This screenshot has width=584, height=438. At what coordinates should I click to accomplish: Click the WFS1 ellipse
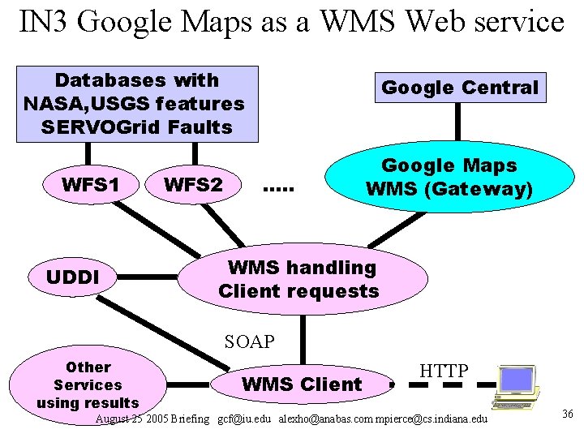click(90, 185)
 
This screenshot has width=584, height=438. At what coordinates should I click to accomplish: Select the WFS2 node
click(193, 185)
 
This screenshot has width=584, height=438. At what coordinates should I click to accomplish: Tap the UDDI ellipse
click(72, 277)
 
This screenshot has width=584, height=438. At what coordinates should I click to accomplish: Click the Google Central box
click(459, 88)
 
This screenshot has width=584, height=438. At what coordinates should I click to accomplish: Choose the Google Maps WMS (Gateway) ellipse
click(449, 178)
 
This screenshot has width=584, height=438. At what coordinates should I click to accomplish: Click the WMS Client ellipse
click(302, 384)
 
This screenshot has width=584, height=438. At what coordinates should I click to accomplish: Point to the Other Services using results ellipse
click(88, 385)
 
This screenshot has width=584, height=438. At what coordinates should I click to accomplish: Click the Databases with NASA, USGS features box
click(136, 104)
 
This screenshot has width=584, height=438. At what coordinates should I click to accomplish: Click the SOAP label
click(250, 342)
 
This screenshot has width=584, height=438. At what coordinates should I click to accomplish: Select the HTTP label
click(444, 371)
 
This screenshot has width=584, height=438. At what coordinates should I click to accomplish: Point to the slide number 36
click(567, 414)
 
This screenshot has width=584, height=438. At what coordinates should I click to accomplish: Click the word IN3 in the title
click(47, 22)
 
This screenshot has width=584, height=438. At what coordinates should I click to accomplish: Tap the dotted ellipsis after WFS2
click(278, 191)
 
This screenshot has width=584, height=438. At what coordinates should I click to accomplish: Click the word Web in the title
click(430, 22)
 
